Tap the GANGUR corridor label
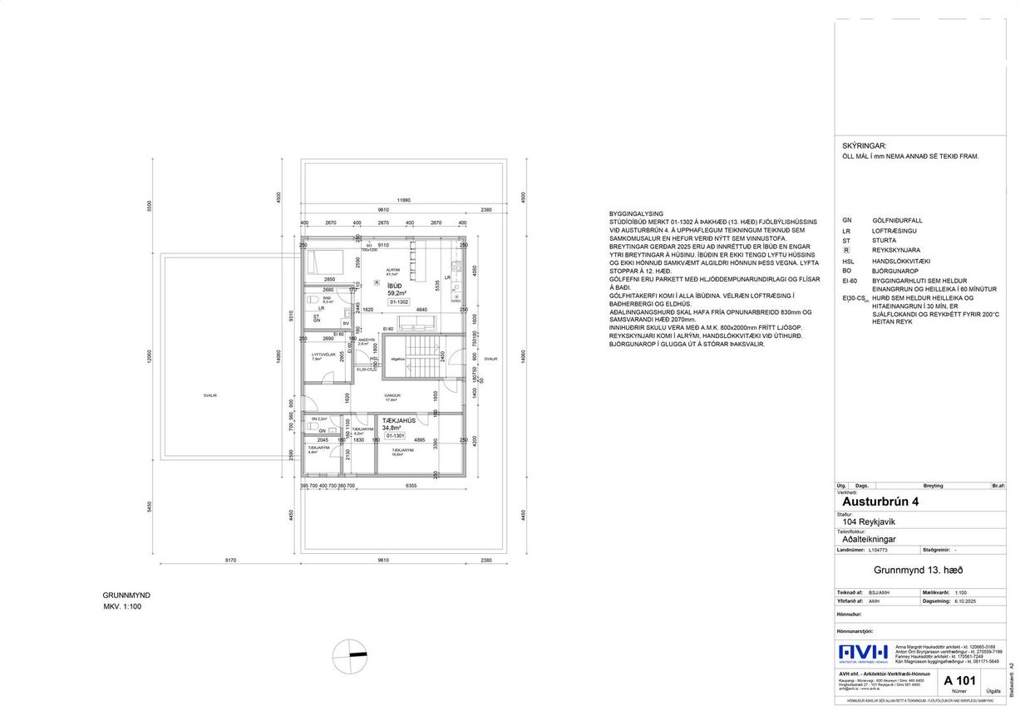[x=392, y=395]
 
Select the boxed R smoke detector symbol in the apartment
[x=377, y=282]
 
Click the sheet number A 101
[x=958, y=681]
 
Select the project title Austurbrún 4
[x=881, y=502]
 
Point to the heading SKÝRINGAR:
[x=865, y=144]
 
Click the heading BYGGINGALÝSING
[x=637, y=213]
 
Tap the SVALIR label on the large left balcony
[x=210, y=395]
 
